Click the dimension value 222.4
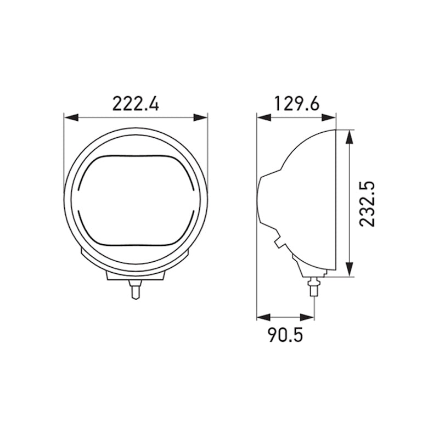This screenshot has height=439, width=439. pyautogui.click(x=136, y=103)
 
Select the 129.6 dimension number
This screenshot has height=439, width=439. pyautogui.click(x=296, y=103)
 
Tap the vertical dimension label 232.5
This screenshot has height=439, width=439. pyautogui.click(x=367, y=204)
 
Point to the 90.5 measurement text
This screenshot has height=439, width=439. pyautogui.click(x=285, y=335)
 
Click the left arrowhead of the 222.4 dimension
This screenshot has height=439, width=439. pyautogui.click(x=69, y=117)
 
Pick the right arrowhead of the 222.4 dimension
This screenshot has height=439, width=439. pyautogui.click(x=203, y=117)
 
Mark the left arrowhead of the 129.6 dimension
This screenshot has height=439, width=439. pyautogui.click(x=262, y=117)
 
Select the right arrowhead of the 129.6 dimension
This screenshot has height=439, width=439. pyautogui.click(x=331, y=117)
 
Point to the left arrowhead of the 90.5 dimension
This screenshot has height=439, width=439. pyautogui.click(x=262, y=317)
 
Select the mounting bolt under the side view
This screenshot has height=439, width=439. pyautogui.click(x=313, y=286)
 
